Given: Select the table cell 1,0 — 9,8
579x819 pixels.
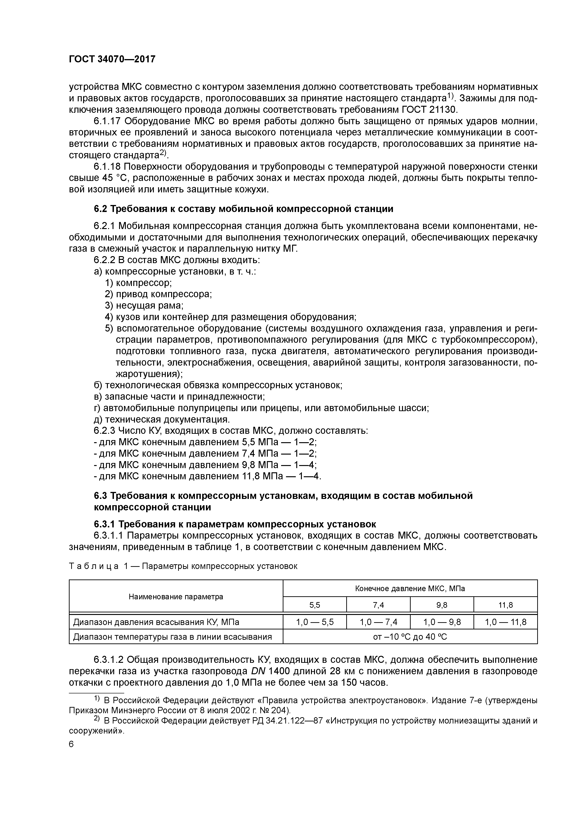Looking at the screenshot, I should [x=442, y=622].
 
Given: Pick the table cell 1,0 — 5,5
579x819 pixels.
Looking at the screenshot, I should [x=315, y=622].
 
